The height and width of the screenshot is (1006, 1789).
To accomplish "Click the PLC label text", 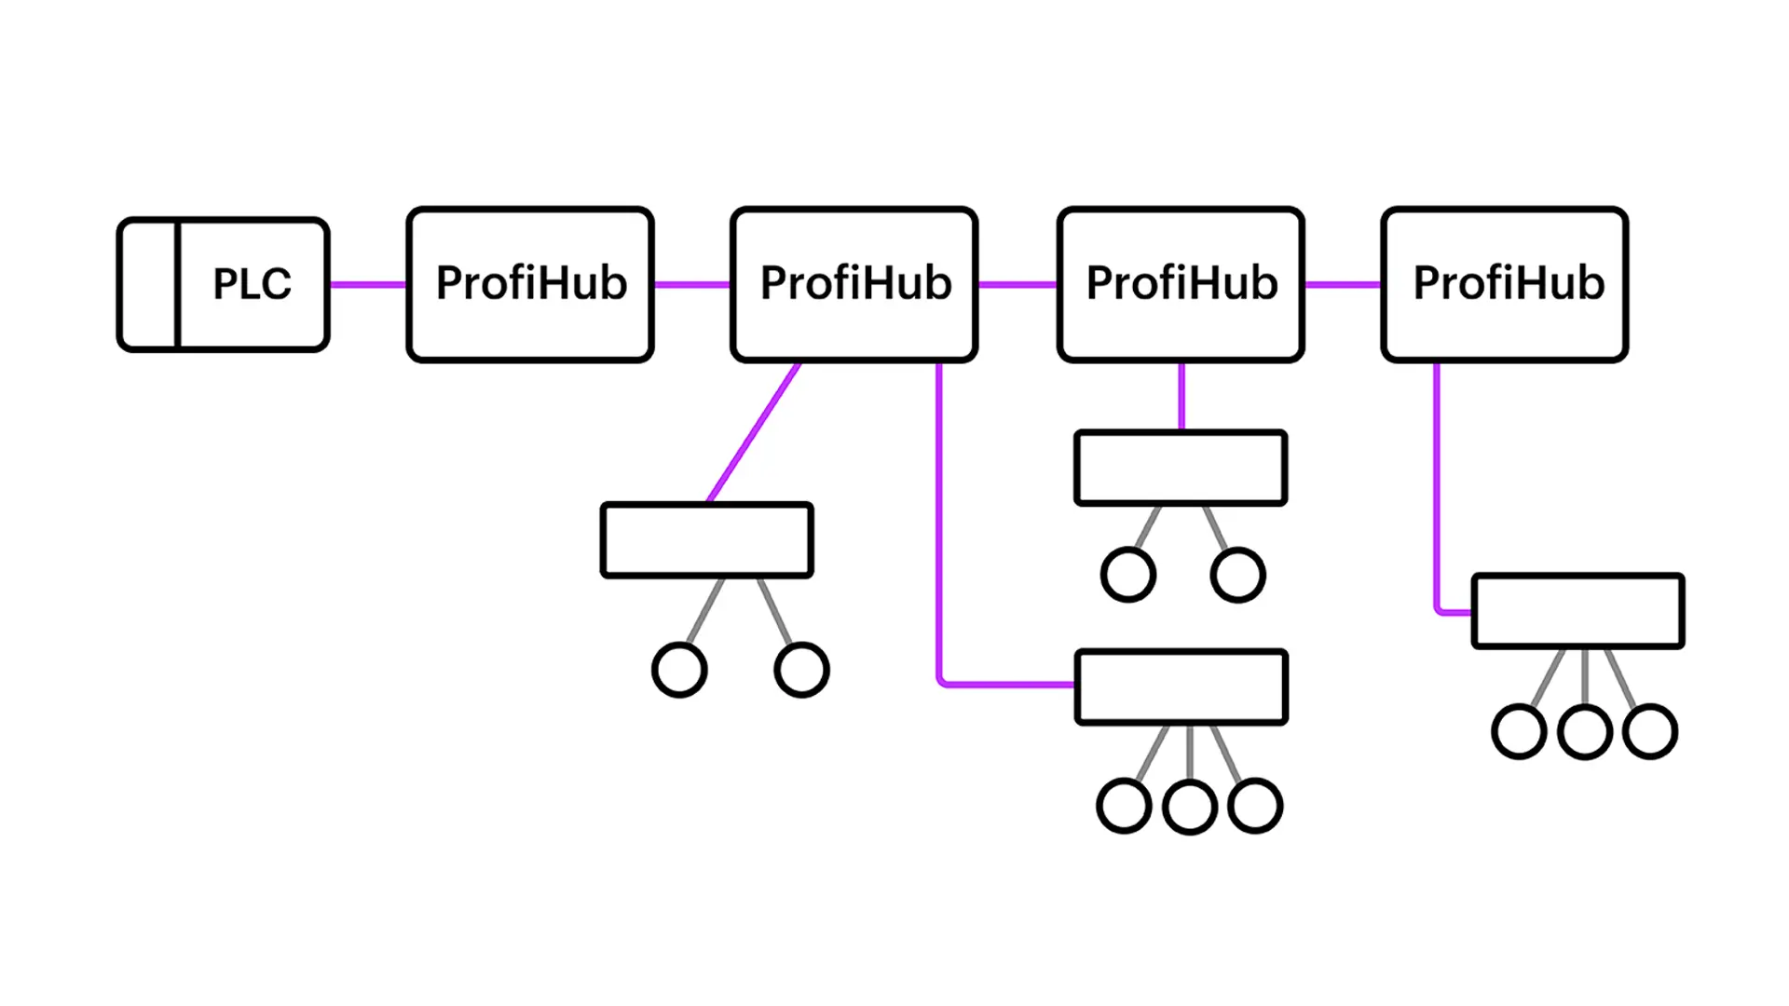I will (252, 283).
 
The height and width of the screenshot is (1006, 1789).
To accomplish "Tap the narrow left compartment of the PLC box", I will (147, 284).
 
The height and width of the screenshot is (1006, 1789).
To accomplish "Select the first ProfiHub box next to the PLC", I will (530, 284).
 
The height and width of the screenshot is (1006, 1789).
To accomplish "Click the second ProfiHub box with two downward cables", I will (854, 284).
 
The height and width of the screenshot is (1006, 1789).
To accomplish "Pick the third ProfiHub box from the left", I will (1181, 284).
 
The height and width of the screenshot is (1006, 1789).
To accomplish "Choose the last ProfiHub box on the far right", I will (1505, 284).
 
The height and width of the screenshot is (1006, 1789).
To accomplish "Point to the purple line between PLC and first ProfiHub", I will (368, 284).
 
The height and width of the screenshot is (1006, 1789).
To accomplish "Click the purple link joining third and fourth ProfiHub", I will (1343, 284).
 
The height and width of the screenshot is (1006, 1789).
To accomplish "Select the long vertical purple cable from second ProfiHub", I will (939, 522).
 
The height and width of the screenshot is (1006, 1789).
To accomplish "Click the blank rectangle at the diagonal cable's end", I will (707, 540).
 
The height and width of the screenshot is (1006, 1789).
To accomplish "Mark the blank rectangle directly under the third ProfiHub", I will (1181, 468).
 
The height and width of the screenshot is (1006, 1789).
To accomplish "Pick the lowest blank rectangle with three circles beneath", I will (1181, 687).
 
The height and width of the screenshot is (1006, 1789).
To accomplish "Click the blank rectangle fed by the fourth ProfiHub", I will (1578, 611).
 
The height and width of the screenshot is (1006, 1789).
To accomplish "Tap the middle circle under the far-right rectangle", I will (1585, 732).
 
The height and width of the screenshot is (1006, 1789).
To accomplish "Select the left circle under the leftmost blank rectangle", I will (679, 670).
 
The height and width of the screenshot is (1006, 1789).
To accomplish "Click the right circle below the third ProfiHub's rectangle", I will (1237, 575).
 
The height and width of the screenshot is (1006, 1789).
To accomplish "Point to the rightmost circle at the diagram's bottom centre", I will (1255, 806).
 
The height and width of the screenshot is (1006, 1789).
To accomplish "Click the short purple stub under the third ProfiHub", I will (1181, 396).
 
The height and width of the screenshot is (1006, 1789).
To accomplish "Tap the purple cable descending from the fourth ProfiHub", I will (1437, 484).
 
